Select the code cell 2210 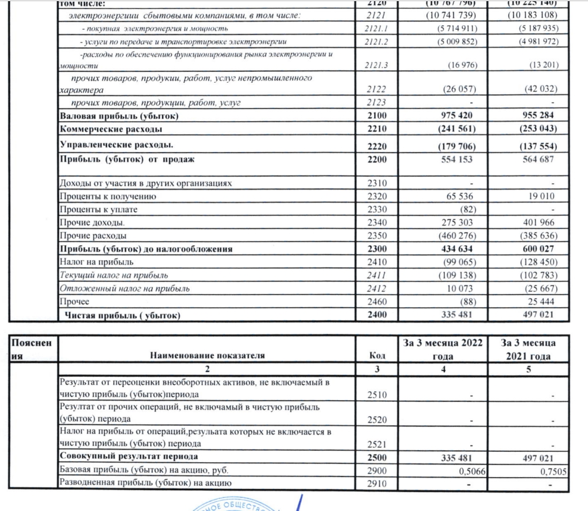[x=378, y=129]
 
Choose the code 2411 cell [x=378, y=275]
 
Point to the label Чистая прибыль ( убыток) [x=124, y=315]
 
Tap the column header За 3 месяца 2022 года [x=443, y=349]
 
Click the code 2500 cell [x=377, y=457]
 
